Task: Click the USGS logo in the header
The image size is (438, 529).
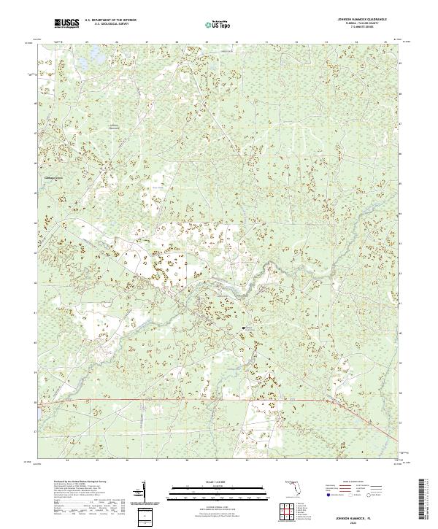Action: coord(66,23)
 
